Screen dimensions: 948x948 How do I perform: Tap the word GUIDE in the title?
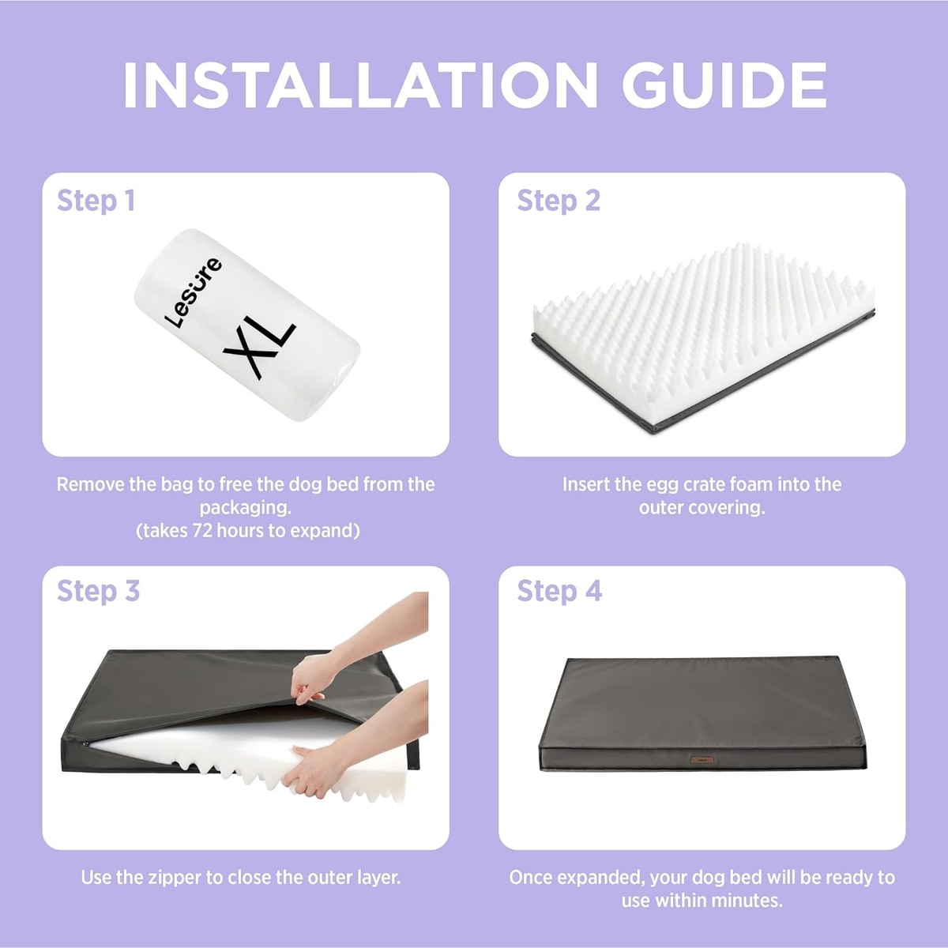724,85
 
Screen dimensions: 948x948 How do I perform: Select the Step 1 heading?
96,201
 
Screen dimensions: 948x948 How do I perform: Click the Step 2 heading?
559,201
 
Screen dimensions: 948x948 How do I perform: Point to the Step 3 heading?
99,592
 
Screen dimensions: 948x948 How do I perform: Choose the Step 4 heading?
559,592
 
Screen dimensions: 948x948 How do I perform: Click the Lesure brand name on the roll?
193,293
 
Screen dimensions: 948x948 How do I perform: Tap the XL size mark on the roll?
259,348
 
